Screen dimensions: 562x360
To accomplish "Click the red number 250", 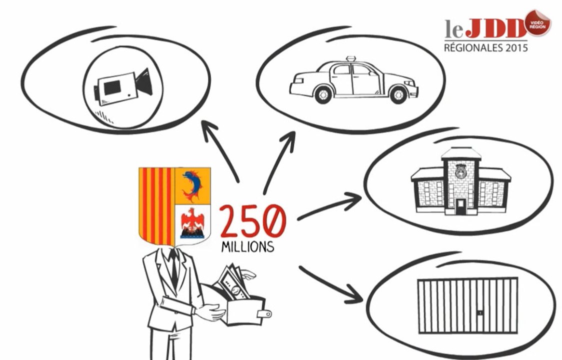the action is point(253,221).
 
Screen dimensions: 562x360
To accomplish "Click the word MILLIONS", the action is point(248,246).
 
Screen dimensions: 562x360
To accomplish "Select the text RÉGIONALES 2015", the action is point(486,47).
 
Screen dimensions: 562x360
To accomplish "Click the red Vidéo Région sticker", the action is point(537,23).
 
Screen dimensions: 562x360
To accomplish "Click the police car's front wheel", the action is point(398,94).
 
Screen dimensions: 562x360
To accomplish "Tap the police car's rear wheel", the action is point(323,94).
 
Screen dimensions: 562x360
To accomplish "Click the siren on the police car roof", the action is point(350,59).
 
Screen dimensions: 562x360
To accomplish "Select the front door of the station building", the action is point(461,206).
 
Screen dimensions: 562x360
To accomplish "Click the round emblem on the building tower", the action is point(460,171).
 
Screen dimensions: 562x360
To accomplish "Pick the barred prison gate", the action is point(468,305).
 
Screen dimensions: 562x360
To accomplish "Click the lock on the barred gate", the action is point(480,312).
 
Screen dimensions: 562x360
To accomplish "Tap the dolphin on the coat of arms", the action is point(192,185).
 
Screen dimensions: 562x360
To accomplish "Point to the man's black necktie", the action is point(174,267).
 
